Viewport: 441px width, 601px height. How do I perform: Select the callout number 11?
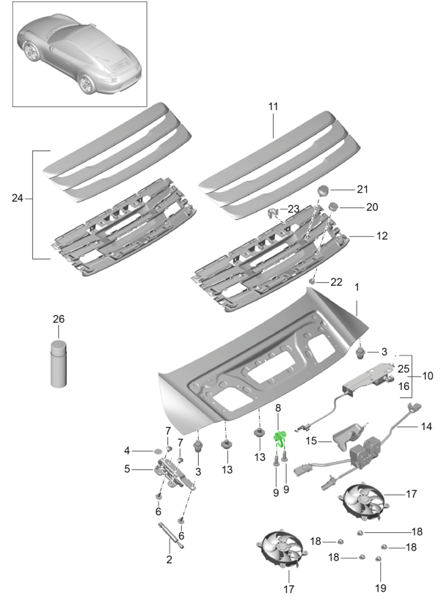pyautogui.click(x=273, y=106)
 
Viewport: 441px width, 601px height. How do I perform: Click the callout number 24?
pyautogui.click(x=18, y=198)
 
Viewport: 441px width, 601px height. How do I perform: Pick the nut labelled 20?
pyautogui.click(x=332, y=207)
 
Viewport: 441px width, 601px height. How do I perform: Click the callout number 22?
pyautogui.click(x=337, y=282)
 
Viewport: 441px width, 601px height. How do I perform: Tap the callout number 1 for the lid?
pyautogui.click(x=357, y=288)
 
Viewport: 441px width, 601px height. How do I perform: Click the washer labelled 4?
pyautogui.click(x=157, y=450)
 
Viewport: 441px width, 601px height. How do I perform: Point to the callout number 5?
pyautogui.click(x=127, y=469)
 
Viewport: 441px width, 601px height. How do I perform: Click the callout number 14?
pyautogui.click(x=426, y=427)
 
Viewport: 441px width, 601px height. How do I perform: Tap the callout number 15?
pyautogui.click(x=311, y=441)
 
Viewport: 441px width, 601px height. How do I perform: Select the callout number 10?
pyautogui.click(x=428, y=376)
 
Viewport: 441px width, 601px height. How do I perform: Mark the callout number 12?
pyautogui.click(x=382, y=237)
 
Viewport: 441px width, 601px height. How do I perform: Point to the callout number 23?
pyautogui.click(x=294, y=209)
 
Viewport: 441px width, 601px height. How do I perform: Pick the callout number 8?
pyautogui.click(x=278, y=408)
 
